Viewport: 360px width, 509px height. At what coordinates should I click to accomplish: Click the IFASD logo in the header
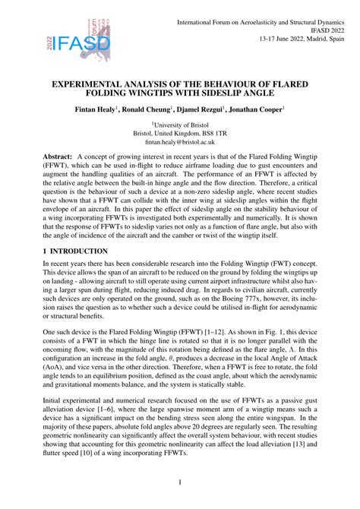pos(77,46)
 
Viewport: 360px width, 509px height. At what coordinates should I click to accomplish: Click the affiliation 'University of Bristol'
pos(181,124)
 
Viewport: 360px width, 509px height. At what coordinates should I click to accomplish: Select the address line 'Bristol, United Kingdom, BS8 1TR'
pos(180,133)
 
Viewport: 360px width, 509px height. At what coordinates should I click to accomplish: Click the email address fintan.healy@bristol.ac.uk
pos(180,142)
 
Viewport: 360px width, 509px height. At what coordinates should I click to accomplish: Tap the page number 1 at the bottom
pos(179,481)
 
